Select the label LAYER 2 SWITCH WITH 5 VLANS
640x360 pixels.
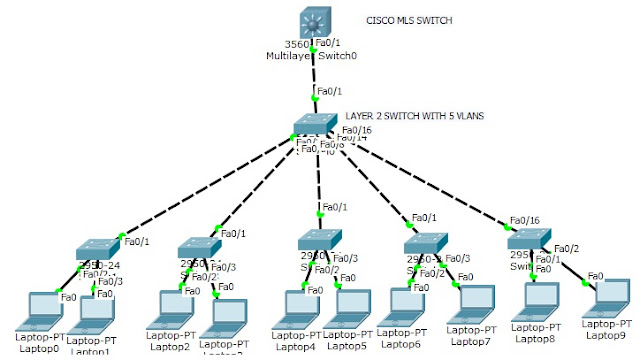pos(415,117)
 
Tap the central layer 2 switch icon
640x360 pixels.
pos(317,127)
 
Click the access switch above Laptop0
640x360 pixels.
pos(97,249)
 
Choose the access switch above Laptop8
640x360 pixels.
pos(528,241)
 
